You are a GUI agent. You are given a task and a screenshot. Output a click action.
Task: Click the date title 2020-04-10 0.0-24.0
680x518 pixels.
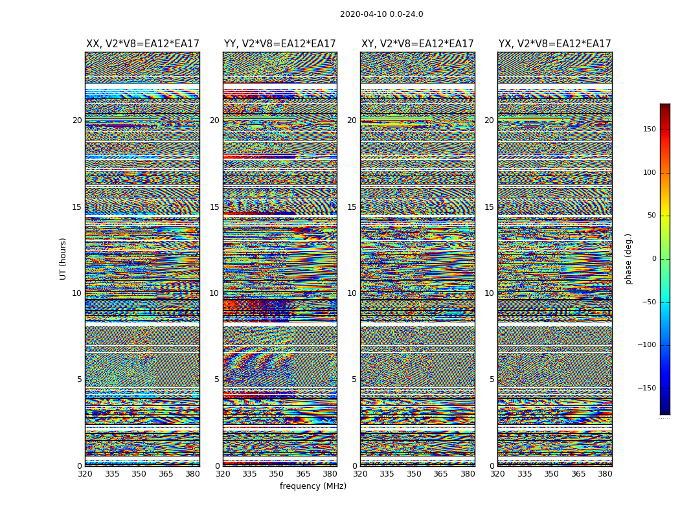pyautogui.click(x=381, y=14)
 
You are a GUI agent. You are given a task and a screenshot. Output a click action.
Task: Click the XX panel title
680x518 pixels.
pyautogui.click(x=142, y=44)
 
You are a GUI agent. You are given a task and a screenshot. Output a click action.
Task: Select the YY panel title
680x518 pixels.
pyautogui.click(x=280, y=44)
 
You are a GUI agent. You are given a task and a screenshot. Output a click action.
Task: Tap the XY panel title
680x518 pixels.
pyautogui.click(x=418, y=44)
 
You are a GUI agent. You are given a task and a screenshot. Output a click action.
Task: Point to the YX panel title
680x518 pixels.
pyautogui.click(x=554, y=44)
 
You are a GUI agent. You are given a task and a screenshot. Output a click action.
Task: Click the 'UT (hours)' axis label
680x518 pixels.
pyautogui.click(x=63, y=258)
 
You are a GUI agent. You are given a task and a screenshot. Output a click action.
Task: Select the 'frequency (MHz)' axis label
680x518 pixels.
pyautogui.click(x=313, y=486)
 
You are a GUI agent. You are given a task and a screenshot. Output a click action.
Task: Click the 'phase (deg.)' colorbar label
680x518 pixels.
pyautogui.click(x=628, y=259)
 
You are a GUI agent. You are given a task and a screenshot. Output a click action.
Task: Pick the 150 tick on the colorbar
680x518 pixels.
pyautogui.click(x=649, y=129)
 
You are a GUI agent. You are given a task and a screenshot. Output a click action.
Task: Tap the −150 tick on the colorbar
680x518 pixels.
pyautogui.click(x=647, y=388)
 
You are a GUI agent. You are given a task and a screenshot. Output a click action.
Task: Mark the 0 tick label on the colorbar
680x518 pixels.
pyautogui.click(x=654, y=259)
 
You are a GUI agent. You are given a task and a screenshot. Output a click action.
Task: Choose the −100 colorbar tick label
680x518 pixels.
pyautogui.click(x=647, y=345)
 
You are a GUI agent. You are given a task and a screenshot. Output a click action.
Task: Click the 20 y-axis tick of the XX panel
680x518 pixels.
pyautogui.click(x=77, y=120)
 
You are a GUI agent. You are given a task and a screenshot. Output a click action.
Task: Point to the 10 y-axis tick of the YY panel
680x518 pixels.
pyautogui.click(x=214, y=293)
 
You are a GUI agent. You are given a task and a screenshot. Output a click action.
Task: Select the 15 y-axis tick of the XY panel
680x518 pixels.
pyautogui.click(x=352, y=207)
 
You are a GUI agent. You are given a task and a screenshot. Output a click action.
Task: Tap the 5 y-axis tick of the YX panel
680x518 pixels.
pyautogui.click(x=492, y=379)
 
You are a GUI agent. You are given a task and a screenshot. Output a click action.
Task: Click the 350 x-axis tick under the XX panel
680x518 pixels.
pyautogui.click(x=139, y=474)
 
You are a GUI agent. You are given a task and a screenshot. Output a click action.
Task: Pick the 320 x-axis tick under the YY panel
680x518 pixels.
pyautogui.click(x=223, y=474)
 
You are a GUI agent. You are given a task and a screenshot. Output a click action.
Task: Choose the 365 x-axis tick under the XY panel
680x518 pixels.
pyautogui.click(x=440, y=474)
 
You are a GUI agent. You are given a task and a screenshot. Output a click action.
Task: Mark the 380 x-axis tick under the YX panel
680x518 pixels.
pyautogui.click(x=605, y=474)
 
